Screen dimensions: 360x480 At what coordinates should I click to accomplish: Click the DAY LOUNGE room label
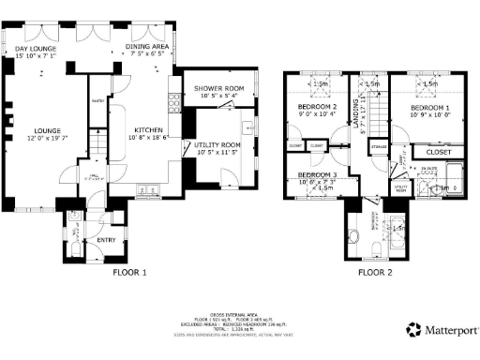tap(35, 49)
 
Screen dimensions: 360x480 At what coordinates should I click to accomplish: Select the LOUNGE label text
tap(37, 132)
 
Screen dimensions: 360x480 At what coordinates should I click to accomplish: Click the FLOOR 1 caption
tap(130, 273)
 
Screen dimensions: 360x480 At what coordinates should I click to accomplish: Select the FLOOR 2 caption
tap(376, 273)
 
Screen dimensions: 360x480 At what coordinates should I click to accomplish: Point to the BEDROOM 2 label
tap(317, 109)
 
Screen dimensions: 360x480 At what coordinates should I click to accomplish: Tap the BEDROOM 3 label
tap(317, 175)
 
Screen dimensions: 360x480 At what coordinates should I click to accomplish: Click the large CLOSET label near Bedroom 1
tap(438, 152)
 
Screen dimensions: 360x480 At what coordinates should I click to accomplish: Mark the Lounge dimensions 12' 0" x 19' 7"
tap(37, 140)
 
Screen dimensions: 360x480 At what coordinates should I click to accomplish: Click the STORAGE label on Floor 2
tap(379, 147)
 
